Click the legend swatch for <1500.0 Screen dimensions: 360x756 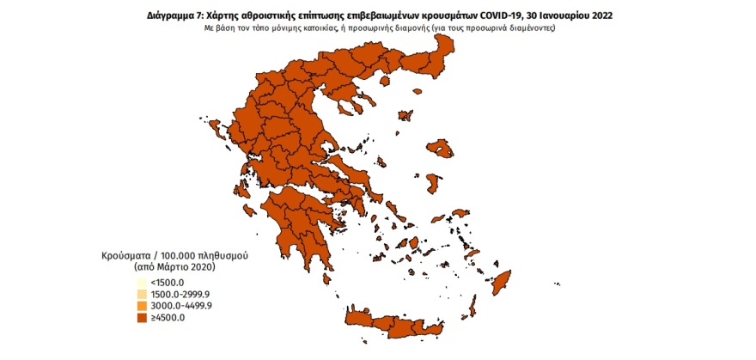(141, 283)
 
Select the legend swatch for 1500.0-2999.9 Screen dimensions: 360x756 (141, 294)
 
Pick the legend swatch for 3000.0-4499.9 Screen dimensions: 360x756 (141, 306)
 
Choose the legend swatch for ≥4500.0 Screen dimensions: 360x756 (141, 318)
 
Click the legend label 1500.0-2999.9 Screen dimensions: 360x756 (179, 294)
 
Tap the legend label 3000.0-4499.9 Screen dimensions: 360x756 (179, 306)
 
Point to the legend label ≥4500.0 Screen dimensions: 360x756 (167, 318)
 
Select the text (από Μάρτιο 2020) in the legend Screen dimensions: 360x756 (162, 268)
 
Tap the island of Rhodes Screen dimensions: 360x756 (499, 284)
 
